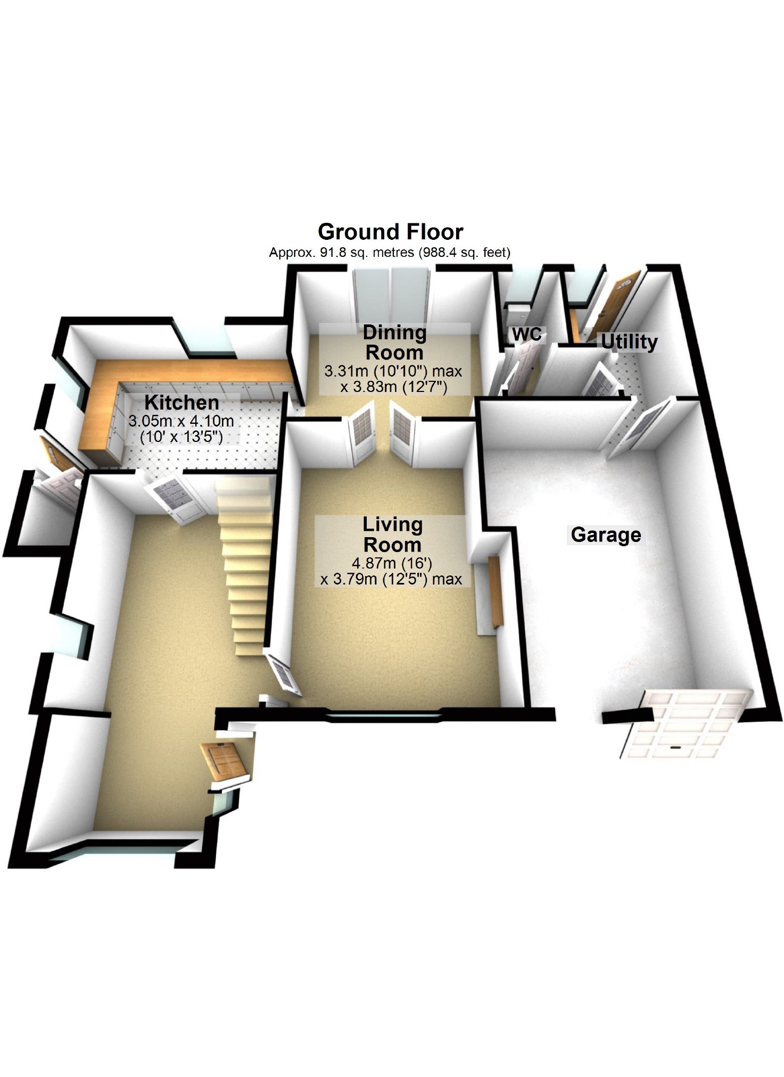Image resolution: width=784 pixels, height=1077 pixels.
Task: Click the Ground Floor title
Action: tap(390, 232)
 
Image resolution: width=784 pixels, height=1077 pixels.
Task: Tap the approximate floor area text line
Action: tap(390, 253)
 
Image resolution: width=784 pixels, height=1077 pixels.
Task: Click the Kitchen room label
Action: tap(181, 403)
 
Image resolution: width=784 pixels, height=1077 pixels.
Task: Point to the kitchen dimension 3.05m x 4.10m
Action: tap(181, 421)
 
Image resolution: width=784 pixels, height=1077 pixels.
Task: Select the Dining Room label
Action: tap(394, 343)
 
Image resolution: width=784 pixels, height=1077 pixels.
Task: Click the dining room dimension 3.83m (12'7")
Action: tap(394, 387)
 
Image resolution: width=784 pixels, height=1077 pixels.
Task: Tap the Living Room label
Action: tap(392, 535)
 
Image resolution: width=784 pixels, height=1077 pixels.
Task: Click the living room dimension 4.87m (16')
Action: tap(391, 563)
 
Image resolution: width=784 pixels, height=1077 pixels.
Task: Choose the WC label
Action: tap(527, 334)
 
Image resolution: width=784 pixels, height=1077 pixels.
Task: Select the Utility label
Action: tap(629, 341)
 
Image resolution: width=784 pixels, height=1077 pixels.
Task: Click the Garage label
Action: tap(606, 535)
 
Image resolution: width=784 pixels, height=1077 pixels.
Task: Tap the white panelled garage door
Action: tap(687, 723)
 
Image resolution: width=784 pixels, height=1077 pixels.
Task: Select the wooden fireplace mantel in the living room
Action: tap(495, 590)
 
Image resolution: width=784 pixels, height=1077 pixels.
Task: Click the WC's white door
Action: tap(522, 367)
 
